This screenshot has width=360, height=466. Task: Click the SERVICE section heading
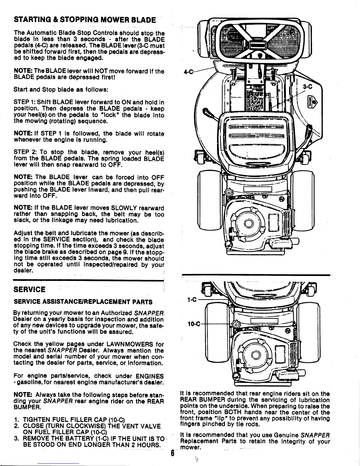click(x=30, y=289)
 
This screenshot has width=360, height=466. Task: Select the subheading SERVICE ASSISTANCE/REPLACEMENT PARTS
click(x=83, y=302)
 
